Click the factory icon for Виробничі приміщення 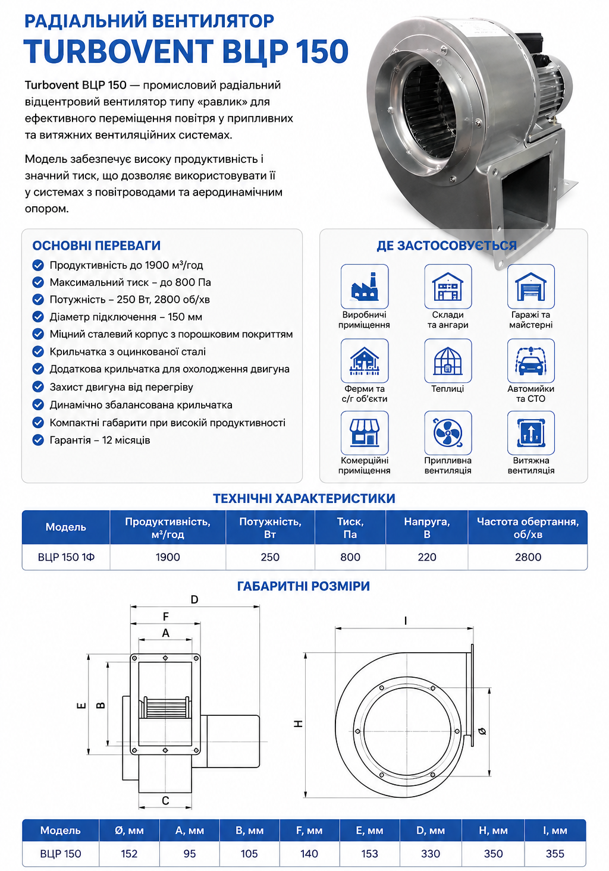click(x=365, y=287)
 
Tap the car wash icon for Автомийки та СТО click(x=531, y=361)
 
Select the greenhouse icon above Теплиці click(x=448, y=361)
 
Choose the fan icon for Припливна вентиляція click(x=448, y=433)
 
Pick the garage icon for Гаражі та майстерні click(x=531, y=287)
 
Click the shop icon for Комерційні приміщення click(x=365, y=433)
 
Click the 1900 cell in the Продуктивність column click(x=168, y=557)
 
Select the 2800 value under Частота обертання click(x=528, y=557)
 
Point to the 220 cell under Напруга click(x=426, y=557)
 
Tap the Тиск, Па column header click(x=350, y=528)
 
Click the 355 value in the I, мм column click(x=554, y=854)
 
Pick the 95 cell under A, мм click(x=189, y=854)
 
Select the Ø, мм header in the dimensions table click(x=129, y=831)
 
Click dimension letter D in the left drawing click(x=194, y=599)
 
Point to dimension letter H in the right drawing click(x=299, y=724)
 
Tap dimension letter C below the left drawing click(x=165, y=801)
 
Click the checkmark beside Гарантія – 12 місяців click(x=38, y=440)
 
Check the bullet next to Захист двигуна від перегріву click(x=38, y=386)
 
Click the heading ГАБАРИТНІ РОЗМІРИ click(x=303, y=586)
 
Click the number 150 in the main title click(x=322, y=51)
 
